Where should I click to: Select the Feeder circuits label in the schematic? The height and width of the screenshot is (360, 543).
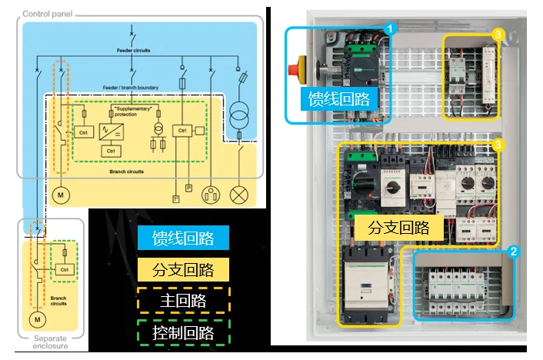(x=135, y=50)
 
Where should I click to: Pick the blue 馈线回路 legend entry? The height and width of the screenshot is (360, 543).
(x=183, y=237)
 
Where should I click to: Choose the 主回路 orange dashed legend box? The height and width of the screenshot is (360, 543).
(x=183, y=301)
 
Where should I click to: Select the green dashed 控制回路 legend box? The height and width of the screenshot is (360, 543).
(x=183, y=333)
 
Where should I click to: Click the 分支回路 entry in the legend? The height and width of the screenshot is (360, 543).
(x=183, y=269)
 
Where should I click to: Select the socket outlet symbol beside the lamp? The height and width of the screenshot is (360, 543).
(x=210, y=195)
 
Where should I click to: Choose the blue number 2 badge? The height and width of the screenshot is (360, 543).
(x=514, y=251)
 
